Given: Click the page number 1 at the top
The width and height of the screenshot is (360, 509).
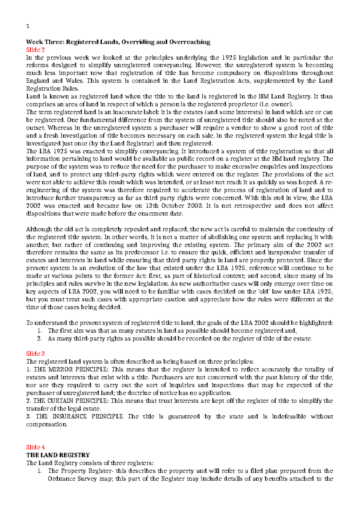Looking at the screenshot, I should [28, 26].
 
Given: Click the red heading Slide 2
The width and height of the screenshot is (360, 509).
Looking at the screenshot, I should [35, 50].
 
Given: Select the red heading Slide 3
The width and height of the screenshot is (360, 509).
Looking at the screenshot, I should [35, 354].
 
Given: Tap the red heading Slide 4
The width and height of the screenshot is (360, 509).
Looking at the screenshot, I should [35, 447].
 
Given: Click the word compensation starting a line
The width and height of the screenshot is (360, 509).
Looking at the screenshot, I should [46, 424].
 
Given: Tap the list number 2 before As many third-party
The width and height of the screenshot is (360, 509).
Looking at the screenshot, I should [39, 339].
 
